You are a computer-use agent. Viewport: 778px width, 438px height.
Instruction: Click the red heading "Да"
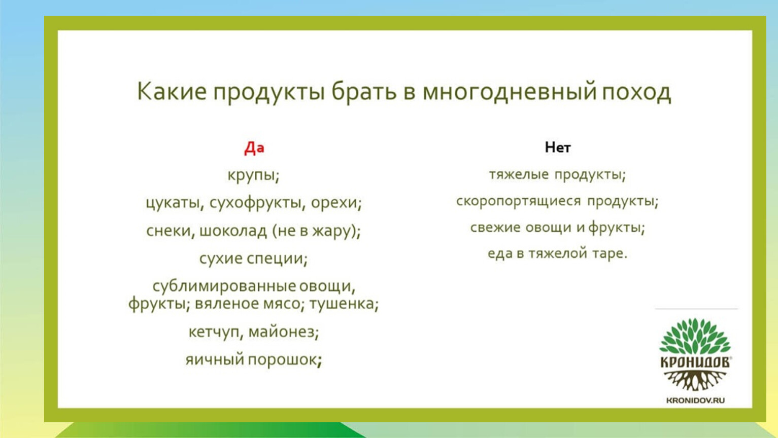tap(254, 148)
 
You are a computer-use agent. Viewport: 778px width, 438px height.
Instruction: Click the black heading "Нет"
tap(557, 148)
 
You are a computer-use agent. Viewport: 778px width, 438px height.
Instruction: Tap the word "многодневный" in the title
tap(509, 92)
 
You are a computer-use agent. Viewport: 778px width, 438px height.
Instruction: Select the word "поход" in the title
tap(636, 92)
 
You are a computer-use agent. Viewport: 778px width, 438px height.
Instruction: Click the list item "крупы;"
tap(253, 175)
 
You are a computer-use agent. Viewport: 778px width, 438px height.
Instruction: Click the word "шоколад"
tap(233, 231)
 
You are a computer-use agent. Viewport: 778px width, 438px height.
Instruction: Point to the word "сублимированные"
tap(224, 286)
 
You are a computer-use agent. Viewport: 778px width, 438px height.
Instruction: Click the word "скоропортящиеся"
tap(518, 201)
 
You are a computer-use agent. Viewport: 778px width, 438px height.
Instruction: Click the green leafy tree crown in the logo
tap(695, 336)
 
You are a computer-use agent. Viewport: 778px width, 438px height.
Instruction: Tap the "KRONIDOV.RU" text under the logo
tap(695, 400)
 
